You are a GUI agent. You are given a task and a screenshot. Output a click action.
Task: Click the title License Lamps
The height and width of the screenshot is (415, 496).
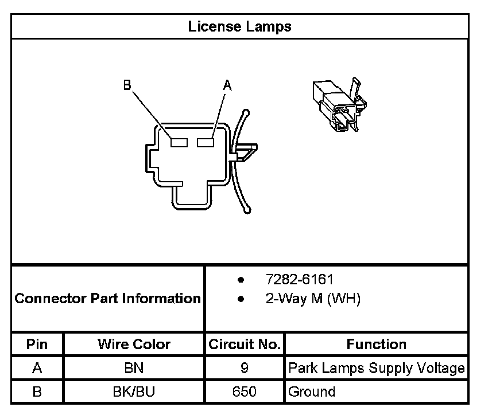pos(240,26)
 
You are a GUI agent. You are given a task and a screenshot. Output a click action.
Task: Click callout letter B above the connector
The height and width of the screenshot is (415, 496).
pos(127,85)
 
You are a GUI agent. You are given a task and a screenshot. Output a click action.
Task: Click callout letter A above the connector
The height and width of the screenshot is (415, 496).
pos(227,85)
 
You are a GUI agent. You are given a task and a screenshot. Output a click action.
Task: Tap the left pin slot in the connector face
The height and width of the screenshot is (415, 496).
pos(179,142)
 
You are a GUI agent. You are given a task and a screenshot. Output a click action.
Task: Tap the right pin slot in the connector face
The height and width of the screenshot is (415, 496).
pos(206,142)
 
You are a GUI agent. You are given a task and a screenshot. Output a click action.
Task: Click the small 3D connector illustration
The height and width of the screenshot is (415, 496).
pos(339,104)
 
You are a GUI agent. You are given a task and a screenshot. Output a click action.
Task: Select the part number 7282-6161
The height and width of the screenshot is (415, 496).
pos(299,280)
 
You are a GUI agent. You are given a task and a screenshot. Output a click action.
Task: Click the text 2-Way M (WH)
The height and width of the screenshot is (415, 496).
pos(313,299)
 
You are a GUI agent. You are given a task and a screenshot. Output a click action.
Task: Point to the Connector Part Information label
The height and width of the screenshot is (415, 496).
pos(107,299)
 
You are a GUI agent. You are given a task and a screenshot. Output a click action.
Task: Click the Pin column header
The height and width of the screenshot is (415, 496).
pos(37,344)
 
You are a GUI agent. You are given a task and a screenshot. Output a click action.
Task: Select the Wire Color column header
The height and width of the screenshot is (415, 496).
pos(134,344)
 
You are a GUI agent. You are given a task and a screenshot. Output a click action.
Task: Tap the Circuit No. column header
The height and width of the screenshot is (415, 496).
pos(245,344)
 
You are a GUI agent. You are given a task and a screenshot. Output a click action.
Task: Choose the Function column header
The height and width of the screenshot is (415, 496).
pos(376,344)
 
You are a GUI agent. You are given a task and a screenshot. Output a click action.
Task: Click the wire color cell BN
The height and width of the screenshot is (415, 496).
pos(134,368)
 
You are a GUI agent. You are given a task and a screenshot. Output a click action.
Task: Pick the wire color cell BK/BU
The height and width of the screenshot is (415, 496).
pos(134,392)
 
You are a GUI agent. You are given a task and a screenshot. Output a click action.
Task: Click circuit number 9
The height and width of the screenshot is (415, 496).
pos(245,368)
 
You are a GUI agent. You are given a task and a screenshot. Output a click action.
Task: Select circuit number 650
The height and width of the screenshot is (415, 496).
pos(245,392)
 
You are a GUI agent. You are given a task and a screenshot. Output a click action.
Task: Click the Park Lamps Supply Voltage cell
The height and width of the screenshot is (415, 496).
pos(376,368)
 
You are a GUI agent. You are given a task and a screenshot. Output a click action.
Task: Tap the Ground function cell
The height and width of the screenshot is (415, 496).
pos(312,392)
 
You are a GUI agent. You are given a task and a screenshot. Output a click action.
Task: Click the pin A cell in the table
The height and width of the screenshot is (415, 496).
pos(37,368)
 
